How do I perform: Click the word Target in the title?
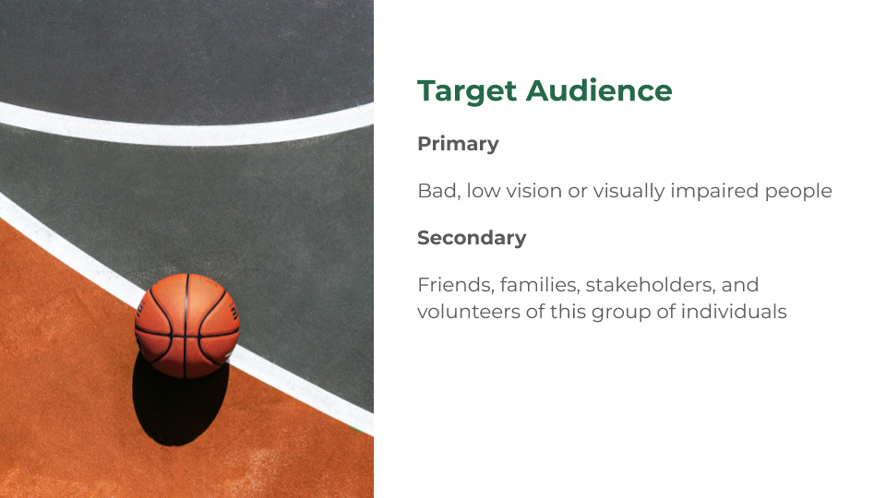[x=467, y=91]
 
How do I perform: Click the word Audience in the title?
[x=599, y=90]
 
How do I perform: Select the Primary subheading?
[x=459, y=144]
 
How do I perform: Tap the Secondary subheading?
[x=472, y=238]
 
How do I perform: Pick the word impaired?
[x=714, y=192]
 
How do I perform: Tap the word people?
[x=797, y=192]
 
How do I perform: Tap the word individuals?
[x=734, y=312]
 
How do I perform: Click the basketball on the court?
[x=187, y=326]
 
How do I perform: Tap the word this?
[x=568, y=312]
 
